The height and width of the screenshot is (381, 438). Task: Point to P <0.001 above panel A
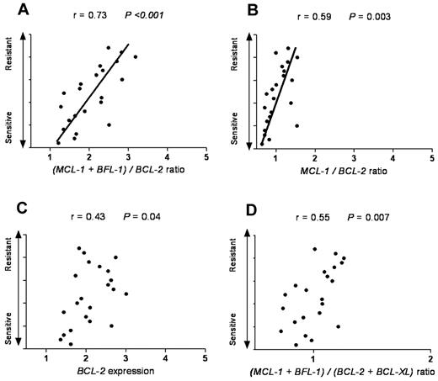[x=142, y=16]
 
